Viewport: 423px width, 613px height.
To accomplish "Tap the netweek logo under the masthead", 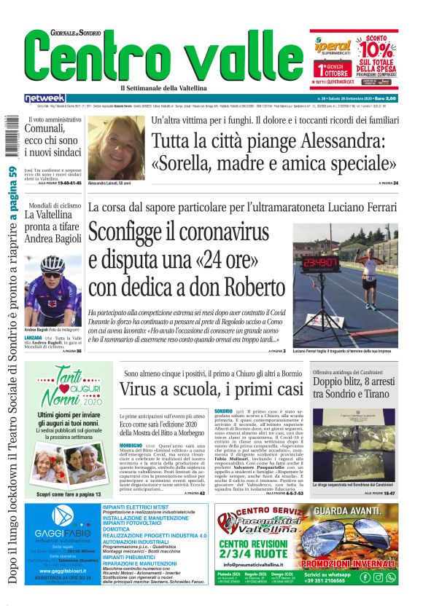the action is (45, 98).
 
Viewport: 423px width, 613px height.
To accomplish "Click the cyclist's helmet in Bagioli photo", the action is (53, 264).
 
